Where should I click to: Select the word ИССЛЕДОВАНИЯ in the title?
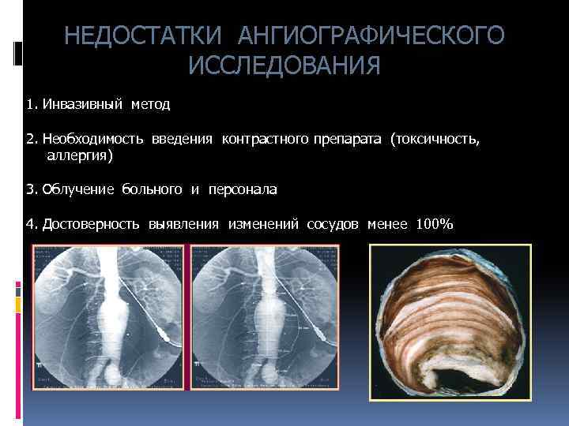[x=284, y=66]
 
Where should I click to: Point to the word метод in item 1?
[x=149, y=103]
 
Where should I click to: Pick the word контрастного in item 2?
[x=265, y=139]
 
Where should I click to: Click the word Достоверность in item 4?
[x=92, y=224]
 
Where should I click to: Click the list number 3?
[x=29, y=189]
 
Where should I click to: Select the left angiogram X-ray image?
[x=107, y=316]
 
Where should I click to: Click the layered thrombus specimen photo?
[x=450, y=316]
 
